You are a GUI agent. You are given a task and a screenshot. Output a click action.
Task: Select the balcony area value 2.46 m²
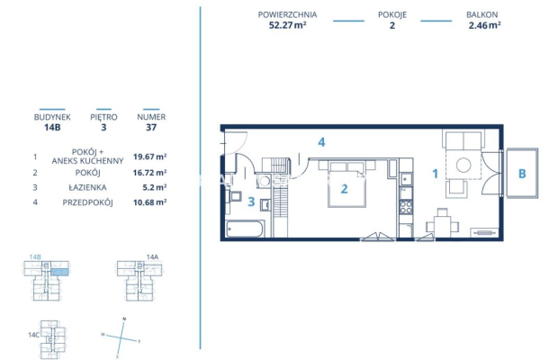point(484,26)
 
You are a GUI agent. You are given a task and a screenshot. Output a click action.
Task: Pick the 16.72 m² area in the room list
point(149,171)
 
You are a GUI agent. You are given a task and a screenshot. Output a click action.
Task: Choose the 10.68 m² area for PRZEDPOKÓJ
point(149,202)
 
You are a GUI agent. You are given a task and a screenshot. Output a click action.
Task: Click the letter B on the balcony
point(521,173)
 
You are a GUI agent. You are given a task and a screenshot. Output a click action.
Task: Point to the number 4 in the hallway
point(320,142)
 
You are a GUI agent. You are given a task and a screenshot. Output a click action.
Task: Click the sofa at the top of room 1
point(465,142)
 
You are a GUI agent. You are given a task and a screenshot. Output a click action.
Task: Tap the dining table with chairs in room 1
point(442,222)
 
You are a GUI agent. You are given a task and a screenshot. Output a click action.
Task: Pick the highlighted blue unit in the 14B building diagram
point(58,271)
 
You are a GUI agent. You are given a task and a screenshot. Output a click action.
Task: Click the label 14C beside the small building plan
point(34,335)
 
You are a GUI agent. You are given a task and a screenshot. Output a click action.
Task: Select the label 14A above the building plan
point(152,257)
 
